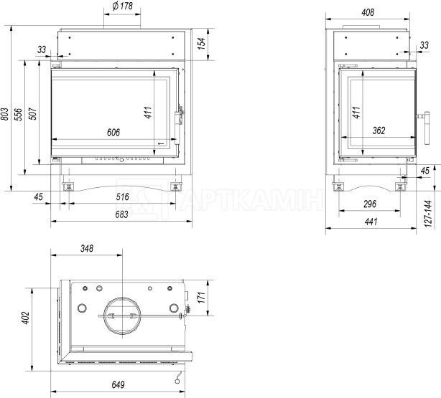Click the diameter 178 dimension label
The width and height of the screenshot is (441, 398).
pyautogui.click(x=122, y=6)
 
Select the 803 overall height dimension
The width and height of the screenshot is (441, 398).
pyautogui.click(x=5, y=114)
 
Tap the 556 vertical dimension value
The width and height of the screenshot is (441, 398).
pyautogui.click(x=18, y=114)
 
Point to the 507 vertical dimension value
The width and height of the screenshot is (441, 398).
pyautogui.click(x=32, y=113)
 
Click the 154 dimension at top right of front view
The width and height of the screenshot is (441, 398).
pyautogui.click(x=201, y=44)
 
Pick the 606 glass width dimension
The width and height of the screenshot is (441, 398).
pyautogui.click(x=113, y=132)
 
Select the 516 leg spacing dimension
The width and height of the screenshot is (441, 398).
pyautogui.click(x=122, y=197)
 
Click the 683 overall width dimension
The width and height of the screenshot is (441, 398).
pyautogui.click(x=121, y=214)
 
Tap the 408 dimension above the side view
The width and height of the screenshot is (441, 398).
pyautogui.click(x=368, y=12)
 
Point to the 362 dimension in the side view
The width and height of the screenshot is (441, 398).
pyautogui.click(x=379, y=131)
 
